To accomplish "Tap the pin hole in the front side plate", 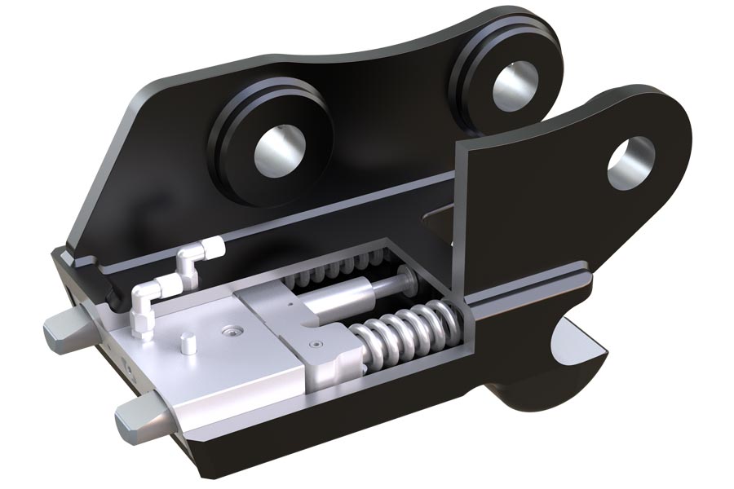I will (x=631, y=159).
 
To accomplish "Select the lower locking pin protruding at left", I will (x=139, y=419).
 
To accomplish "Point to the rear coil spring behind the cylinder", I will (x=343, y=269).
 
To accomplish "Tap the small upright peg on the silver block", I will (x=188, y=342).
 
